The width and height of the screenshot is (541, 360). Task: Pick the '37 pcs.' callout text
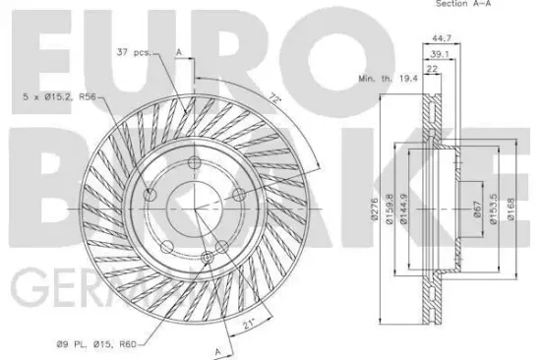[x=133, y=51]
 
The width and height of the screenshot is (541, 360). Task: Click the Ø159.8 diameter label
[x=391, y=210]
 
